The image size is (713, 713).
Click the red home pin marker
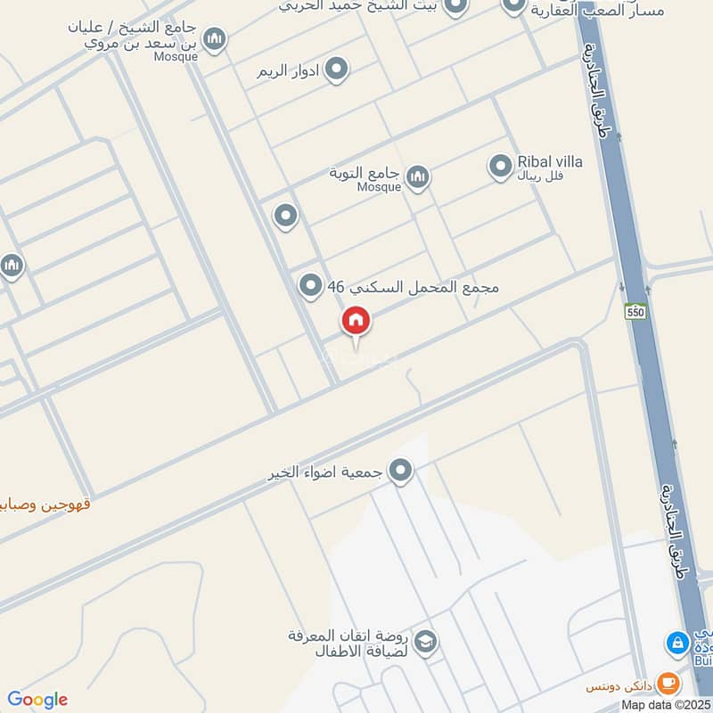(356, 322)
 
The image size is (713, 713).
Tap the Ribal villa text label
(550, 162)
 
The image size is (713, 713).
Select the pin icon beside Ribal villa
(500, 166)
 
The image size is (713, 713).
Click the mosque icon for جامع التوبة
(417, 177)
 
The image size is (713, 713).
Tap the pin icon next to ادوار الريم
(336, 69)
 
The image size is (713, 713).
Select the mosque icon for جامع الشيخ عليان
(214, 39)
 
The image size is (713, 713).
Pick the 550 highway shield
(635, 311)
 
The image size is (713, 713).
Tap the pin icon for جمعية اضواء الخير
(401, 470)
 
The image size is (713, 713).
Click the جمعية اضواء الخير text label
(325, 473)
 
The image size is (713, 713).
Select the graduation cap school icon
(425, 643)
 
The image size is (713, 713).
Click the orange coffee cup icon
(668, 684)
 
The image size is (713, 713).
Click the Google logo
(37, 700)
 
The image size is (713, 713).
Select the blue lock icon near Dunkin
(677, 642)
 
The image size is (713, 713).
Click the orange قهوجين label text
(45, 504)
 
